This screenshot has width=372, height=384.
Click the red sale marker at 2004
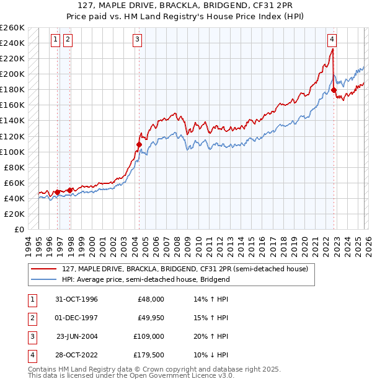tap(139, 144)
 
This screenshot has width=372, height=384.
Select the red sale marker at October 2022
tap(334, 90)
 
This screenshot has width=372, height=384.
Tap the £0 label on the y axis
tap(20, 229)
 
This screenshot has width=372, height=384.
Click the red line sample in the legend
tap(44, 269)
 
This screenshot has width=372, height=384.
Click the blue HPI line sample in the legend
tap(44, 279)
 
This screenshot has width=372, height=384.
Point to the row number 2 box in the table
tap(31, 318)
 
